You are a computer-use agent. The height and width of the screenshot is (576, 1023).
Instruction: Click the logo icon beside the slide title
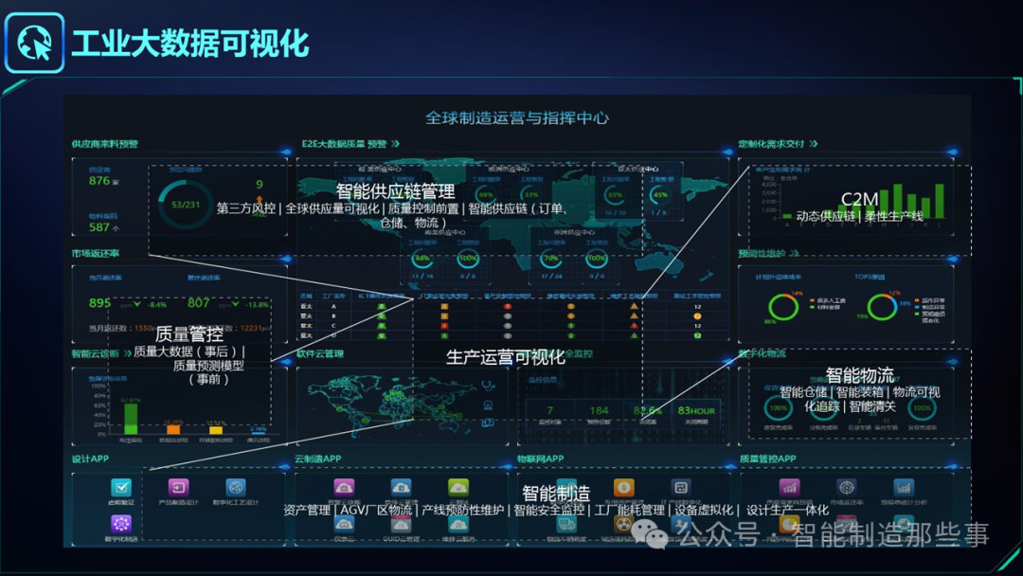(x=35, y=43)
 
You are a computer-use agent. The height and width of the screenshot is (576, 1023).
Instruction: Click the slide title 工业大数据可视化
(x=190, y=44)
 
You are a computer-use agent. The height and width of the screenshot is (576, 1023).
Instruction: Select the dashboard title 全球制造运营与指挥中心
(x=516, y=118)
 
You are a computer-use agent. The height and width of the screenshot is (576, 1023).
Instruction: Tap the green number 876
(x=99, y=180)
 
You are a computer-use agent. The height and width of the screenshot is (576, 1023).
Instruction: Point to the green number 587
(x=99, y=226)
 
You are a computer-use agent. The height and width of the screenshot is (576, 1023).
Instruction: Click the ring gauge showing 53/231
(x=186, y=205)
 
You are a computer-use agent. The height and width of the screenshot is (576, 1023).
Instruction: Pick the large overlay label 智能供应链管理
(x=395, y=191)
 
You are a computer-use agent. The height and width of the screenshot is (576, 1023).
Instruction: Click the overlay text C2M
(x=860, y=199)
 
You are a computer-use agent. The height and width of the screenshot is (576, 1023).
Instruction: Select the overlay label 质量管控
(x=189, y=333)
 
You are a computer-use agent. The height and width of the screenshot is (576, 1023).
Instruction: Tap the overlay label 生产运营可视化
(x=506, y=356)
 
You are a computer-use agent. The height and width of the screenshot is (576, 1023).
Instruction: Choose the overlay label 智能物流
(x=859, y=375)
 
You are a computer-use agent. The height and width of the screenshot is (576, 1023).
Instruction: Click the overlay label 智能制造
(x=556, y=494)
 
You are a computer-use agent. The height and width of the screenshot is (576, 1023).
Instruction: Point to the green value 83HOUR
(x=696, y=410)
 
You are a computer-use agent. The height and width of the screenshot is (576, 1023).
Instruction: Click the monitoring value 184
(x=599, y=410)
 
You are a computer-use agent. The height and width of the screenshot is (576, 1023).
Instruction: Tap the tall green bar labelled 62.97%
(x=131, y=418)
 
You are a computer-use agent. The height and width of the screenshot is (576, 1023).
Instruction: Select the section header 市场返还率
(x=96, y=254)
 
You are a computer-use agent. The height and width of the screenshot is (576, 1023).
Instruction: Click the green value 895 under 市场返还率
(x=99, y=303)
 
